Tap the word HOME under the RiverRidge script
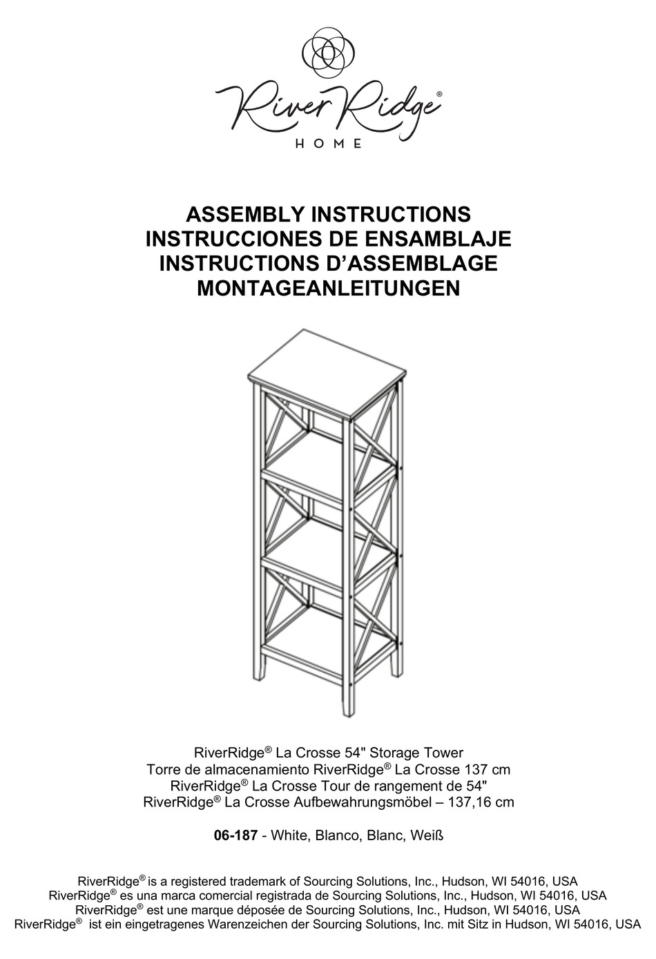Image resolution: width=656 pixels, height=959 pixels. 328,144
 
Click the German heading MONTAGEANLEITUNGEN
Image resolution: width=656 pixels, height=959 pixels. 328,288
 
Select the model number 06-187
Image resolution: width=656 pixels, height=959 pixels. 235,836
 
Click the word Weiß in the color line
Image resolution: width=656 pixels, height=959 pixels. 426,836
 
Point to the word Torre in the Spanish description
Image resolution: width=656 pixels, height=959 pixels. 163,770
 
